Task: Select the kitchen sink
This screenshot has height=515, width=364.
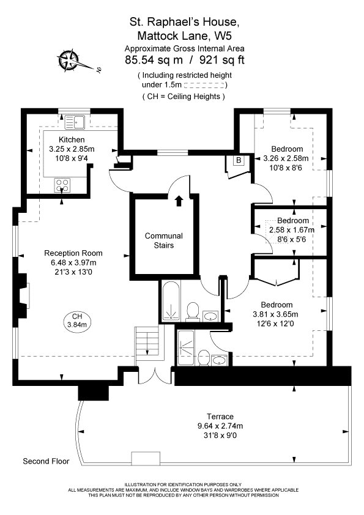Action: coord(75,122)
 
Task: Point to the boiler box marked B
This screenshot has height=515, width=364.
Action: coord(239,161)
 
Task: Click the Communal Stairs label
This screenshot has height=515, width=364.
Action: coord(163,240)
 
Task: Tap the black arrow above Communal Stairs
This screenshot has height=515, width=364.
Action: coord(179,201)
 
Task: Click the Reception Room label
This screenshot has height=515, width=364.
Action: coord(73,253)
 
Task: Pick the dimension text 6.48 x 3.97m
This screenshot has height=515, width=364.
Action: coord(73,263)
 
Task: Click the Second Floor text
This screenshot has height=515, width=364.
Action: coord(46,461)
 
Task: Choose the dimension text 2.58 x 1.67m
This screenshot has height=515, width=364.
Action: coord(291,230)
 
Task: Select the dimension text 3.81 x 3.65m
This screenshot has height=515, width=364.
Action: coord(277,314)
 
